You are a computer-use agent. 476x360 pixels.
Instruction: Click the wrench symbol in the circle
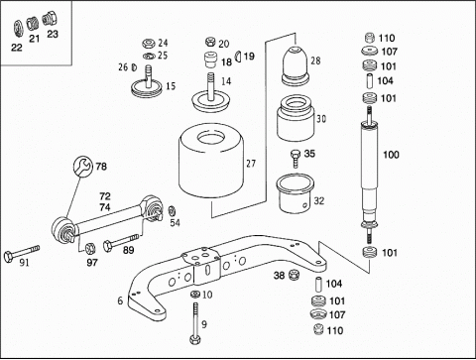(x=82, y=167)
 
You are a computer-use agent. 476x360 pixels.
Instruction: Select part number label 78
(x=101, y=167)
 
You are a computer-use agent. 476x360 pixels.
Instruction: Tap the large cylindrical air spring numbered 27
(x=211, y=161)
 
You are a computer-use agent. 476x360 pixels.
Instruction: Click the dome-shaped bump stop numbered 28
(x=296, y=64)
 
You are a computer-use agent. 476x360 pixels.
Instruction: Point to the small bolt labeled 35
(x=296, y=159)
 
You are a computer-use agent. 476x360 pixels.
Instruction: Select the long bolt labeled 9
(x=195, y=323)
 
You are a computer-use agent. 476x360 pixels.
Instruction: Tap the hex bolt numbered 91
(x=22, y=253)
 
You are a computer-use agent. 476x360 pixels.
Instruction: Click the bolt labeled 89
(x=121, y=242)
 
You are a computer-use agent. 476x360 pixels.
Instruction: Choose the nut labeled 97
(x=90, y=248)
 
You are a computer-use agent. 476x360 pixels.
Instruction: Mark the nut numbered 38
(x=294, y=275)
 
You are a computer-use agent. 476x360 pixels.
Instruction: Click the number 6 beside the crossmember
(x=120, y=300)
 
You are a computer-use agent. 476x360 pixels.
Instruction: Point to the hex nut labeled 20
(x=210, y=42)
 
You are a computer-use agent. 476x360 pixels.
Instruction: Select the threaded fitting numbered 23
(x=50, y=19)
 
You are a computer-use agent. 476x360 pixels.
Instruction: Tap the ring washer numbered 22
(x=18, y=29)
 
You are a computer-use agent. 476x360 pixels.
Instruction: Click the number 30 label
(x=321, y=119)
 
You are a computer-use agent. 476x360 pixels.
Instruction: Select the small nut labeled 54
(x=172, y=211)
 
